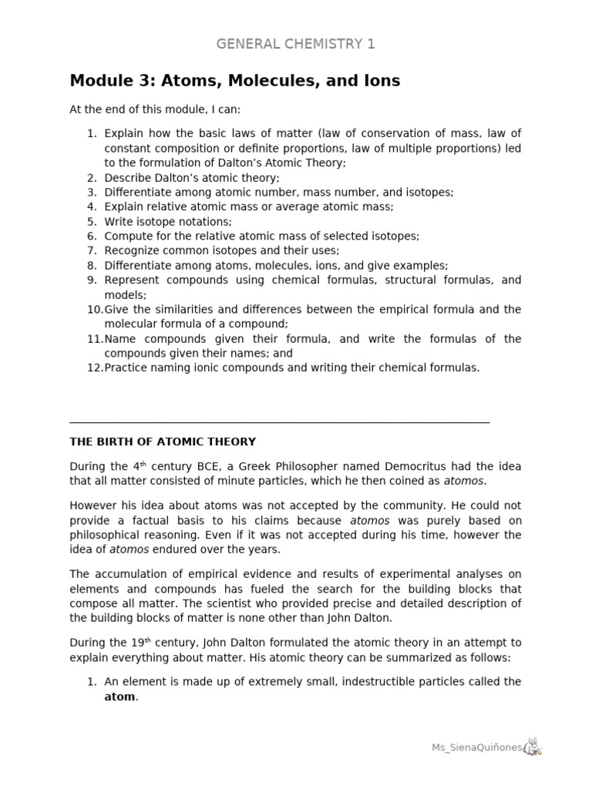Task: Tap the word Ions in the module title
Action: (379, 81)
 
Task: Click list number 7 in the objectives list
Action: (91, 250)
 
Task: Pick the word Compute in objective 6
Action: (128, 236)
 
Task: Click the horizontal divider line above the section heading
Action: (279, 421)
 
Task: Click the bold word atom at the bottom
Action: (119, 697)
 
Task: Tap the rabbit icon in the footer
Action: (533, 746)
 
